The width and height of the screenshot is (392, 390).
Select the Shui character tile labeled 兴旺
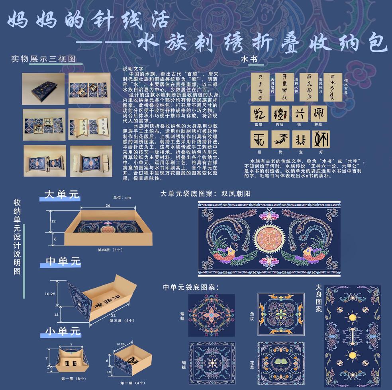point(280,113)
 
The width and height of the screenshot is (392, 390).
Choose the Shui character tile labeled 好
point(321,139)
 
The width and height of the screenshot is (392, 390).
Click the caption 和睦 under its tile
point(318,124)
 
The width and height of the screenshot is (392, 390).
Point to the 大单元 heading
point(62,195)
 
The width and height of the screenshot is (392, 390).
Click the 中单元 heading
point(63,261)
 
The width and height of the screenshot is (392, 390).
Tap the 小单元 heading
point(63,331)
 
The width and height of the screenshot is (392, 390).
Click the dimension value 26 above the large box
point(108,206)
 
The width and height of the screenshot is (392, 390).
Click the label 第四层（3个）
point(110,250)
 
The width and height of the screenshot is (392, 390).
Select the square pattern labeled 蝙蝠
point(212,315)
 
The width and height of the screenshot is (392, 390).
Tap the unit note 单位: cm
point(122,197)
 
